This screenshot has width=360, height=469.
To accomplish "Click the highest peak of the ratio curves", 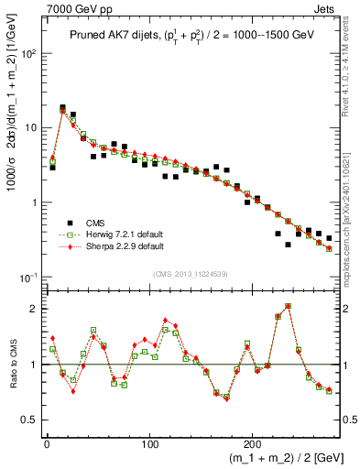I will (288, 306).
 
